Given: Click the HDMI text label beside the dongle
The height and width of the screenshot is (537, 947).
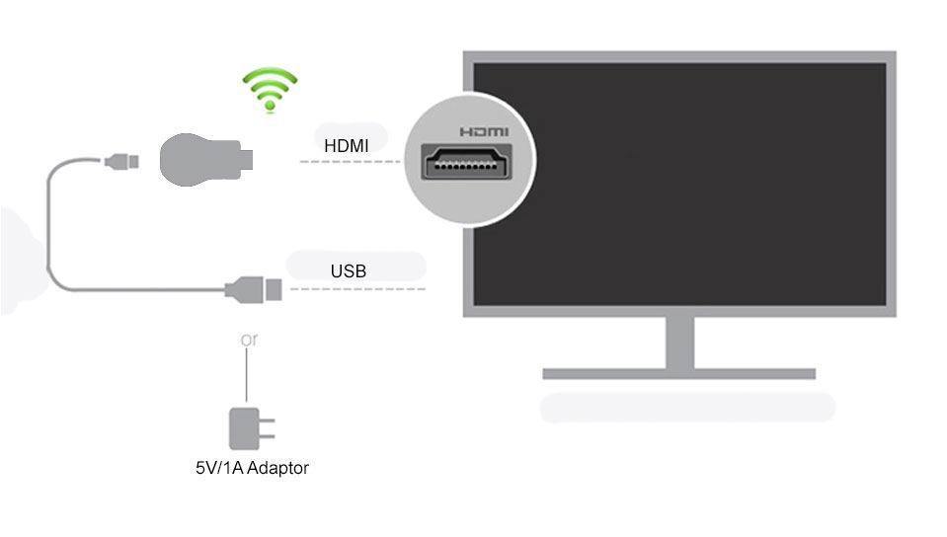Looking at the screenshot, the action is point(347,146).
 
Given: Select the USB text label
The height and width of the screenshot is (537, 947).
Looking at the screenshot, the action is point(349,270).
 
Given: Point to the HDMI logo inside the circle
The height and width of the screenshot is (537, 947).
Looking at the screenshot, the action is point(484,131).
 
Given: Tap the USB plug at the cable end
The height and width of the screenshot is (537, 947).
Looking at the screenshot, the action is point(255,289).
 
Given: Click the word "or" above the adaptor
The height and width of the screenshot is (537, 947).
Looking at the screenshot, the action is point(249,340).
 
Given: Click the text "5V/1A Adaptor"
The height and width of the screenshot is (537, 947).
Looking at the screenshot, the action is point(252,468).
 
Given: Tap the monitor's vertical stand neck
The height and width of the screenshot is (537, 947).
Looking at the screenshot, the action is point(679,343).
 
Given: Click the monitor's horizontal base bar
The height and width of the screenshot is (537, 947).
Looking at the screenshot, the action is point(679,374).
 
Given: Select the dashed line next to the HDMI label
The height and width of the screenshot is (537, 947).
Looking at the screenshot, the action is point(351,161).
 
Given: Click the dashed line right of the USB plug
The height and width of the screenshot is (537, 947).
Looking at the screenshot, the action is point(355,289).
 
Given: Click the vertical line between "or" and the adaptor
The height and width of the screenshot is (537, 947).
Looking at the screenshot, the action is point(248,375).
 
